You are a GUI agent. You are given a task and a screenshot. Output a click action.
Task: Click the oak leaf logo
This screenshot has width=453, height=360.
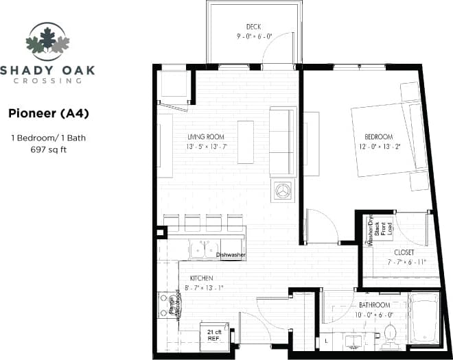(48, 40)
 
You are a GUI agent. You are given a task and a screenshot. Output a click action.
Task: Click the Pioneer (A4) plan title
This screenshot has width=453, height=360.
(48, 112)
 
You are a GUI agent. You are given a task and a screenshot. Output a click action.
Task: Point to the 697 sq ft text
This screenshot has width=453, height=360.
(48, 149)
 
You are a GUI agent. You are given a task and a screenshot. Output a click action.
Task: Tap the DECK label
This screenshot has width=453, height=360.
(254, 27)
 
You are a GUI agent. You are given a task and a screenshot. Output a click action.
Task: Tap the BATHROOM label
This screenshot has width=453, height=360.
(374, 304)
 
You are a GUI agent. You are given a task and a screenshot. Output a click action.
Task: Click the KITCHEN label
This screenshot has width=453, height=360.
(202, 278)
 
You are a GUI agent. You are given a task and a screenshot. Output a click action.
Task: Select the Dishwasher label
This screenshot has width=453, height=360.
(231, 256)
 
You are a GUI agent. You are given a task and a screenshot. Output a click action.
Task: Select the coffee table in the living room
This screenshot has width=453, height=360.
(246, 142)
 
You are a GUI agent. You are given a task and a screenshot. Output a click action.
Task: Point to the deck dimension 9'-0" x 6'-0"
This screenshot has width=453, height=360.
(254, 36)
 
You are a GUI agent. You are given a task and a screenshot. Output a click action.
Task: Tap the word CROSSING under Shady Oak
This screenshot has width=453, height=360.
(48, 80)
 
